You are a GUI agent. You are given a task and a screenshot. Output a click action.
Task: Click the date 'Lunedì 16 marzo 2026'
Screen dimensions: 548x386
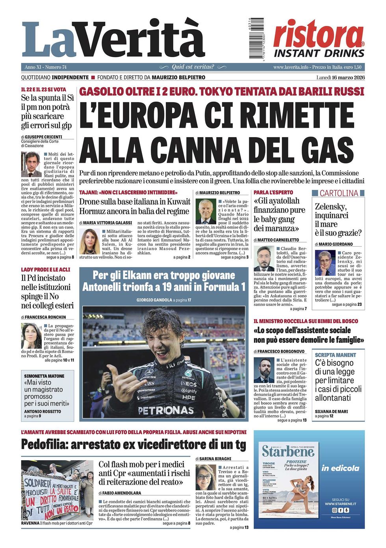tap(340, 77)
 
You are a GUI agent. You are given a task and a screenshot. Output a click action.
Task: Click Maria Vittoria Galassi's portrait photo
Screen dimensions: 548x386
tap(89, 241)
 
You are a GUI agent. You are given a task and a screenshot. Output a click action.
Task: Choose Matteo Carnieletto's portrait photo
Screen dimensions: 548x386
tap(264, 259)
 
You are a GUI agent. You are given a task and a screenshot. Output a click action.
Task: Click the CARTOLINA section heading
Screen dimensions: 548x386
tap(338, 193)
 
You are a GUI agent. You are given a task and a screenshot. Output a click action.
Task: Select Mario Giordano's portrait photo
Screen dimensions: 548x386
tap(325, 263)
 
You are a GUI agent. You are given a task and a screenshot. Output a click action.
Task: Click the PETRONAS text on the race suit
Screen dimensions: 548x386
tap(165, 410)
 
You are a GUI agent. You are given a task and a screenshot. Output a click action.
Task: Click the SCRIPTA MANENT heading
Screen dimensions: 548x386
tap(335, 355)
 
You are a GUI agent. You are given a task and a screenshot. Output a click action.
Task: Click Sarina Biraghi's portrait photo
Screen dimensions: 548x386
tap(205, 477)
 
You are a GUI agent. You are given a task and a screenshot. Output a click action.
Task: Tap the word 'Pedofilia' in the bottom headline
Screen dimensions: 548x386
tap(44, 444)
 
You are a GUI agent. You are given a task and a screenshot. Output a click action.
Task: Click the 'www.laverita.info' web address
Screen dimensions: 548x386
tap(291, 67)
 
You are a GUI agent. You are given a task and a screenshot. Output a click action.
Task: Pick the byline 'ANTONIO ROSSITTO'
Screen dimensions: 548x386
tap(43, 411)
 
